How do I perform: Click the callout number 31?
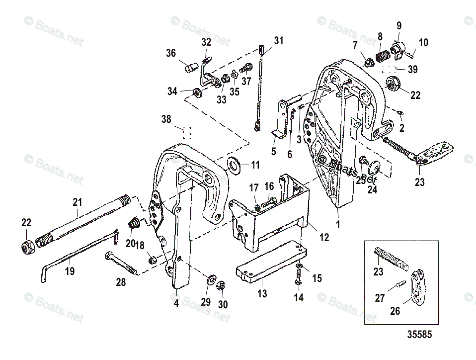[x=279, y=41]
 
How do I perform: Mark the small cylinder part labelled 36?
[x=190, y=67]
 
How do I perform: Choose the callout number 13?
[x=262, y=293]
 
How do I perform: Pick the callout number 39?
[x=412, y=70]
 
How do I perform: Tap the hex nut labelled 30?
[x=222, y=286]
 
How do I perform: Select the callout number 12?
[x=324, y=238]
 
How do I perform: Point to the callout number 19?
[x=70, y=271]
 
